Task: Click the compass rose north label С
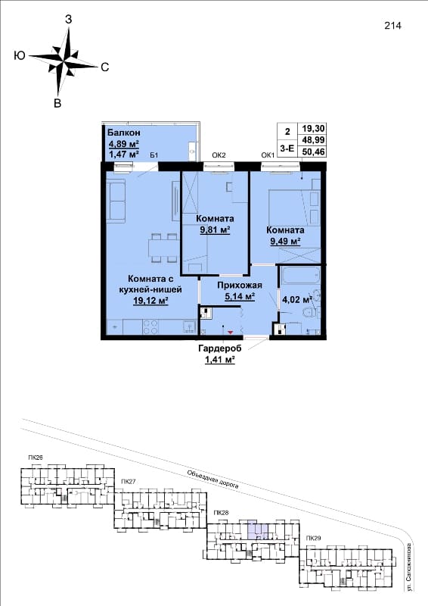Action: (104, 67)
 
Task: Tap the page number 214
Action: (393, 26)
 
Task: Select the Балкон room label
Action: (123, 133)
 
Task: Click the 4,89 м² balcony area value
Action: (124, 145)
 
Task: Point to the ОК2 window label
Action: (219, 155)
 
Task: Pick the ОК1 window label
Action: (268, 155)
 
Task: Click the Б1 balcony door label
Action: (154, 155)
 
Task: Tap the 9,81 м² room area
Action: (215, 230)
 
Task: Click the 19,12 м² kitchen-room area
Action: (150, 300)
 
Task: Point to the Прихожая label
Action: (240, 286)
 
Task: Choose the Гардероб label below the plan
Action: (220, 348)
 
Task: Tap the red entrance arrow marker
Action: (231, 332)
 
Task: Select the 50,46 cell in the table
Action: (313, 151)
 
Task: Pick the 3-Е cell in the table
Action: (287, 147)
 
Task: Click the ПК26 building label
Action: (36, 458)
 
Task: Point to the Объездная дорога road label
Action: (213, 479)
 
